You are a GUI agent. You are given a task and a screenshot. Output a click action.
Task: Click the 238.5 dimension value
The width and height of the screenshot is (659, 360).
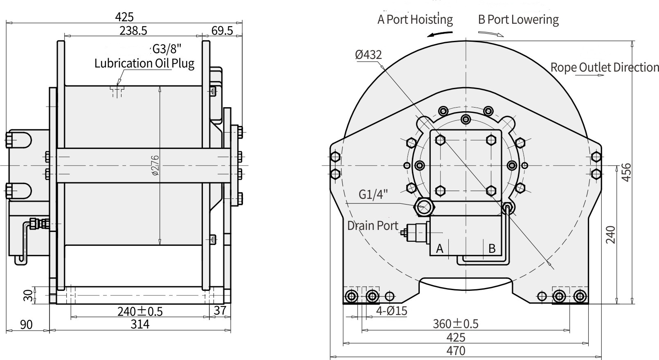click(x=133, y=31)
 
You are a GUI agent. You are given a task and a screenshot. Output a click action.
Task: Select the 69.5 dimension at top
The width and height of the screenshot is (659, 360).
click(x=222, y=31)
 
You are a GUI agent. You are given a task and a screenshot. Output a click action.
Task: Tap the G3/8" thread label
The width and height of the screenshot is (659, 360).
click(x=166, y=49)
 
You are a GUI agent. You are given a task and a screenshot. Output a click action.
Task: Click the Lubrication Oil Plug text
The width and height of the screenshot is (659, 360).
click(x=144, y=63)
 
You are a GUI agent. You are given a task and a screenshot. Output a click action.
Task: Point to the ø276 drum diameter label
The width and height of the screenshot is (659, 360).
click(x=155, y=165)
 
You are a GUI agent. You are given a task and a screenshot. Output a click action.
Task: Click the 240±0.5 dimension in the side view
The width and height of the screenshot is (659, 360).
click(x=140, y=311)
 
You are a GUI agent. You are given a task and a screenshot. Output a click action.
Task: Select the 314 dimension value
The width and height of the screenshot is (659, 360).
click(x=140, y=324)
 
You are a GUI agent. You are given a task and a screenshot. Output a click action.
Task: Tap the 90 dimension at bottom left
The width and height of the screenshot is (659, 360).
click(x=26, y=325)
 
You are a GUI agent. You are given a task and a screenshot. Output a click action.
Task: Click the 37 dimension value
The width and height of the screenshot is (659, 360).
click(x=220, y=311)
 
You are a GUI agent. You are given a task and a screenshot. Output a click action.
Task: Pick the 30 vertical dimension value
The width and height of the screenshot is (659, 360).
click(x=28, y=295)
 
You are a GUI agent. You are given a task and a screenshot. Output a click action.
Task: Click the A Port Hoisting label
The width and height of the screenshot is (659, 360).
click(x=415, y=20)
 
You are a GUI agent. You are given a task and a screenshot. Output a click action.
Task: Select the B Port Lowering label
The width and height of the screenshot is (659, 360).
click(x=518, y=20)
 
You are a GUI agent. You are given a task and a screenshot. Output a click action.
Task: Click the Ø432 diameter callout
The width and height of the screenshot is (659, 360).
click(x=368, y=54)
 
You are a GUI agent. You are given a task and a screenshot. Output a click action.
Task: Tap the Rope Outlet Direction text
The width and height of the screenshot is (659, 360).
click(x=605, y=67)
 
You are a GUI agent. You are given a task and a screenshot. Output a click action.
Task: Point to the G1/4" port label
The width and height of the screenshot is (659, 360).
click(x=373, y=194)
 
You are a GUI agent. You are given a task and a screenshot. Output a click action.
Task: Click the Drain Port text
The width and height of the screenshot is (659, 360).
click(x=373, y=225)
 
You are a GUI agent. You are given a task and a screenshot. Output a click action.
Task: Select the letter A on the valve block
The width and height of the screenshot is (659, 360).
click(x=440, y=248)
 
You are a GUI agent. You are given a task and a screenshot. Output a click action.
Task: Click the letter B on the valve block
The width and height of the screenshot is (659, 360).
click(x=492, y=248)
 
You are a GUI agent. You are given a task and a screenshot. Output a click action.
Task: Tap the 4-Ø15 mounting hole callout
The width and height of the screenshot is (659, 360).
click(x=392, y=311)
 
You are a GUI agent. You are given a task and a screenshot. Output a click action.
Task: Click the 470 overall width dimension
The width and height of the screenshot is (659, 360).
click(x=456, y=351)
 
